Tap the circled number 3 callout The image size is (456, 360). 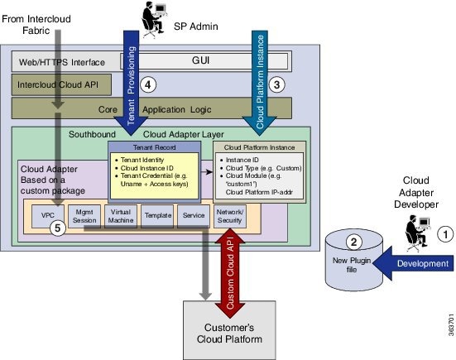pos(278,84)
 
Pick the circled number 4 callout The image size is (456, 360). pos(148,84)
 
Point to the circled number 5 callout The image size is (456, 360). pos(55,229)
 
